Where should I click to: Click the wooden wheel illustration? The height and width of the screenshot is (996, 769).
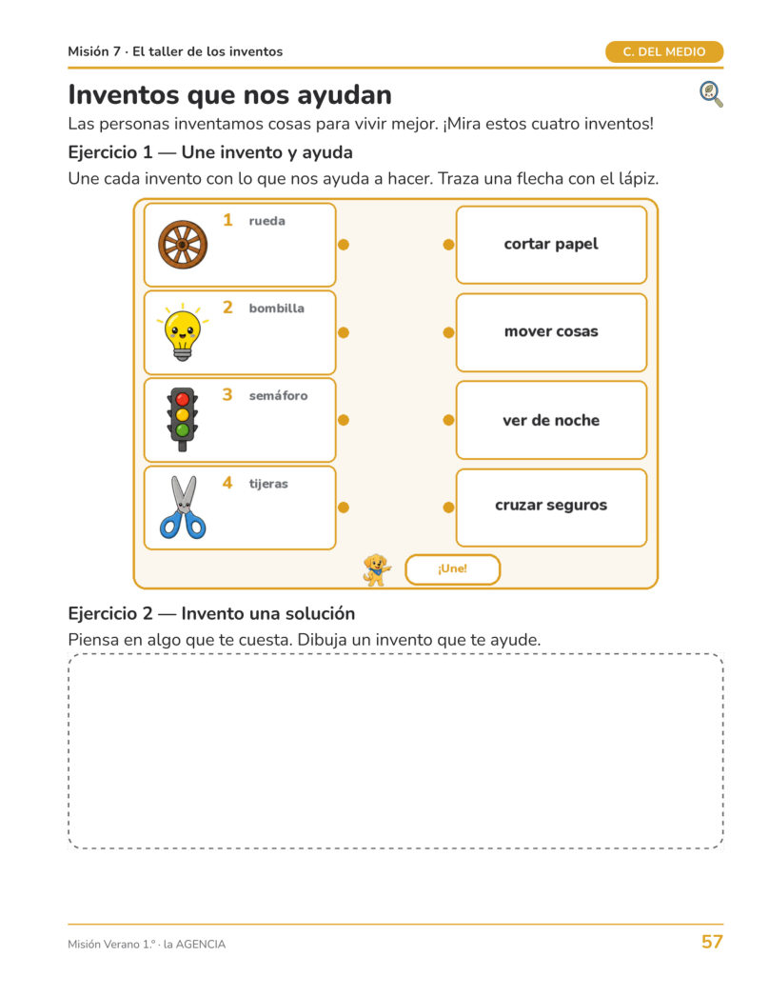182,245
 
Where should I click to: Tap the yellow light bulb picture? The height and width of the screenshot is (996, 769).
183,332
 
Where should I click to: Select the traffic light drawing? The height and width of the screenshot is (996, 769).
182,419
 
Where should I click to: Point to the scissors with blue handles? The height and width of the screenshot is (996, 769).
183,507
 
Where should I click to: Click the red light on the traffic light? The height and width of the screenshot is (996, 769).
182,399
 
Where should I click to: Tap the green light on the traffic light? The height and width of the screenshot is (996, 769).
182,430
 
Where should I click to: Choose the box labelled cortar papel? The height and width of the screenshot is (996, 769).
551,245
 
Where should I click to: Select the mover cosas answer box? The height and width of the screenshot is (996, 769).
551,332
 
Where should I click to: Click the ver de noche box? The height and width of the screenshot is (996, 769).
551,420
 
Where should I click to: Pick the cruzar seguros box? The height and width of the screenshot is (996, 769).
551,508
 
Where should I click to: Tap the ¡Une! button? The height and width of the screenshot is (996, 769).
452,569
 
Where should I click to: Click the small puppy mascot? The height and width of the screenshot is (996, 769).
377,569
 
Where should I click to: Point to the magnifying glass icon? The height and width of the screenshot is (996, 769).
711,94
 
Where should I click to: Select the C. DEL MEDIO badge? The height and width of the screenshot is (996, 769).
664,52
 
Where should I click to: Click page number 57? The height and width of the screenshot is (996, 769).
712,942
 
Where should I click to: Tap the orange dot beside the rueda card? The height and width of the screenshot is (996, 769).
344,245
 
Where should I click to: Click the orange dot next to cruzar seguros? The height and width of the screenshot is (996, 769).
448,507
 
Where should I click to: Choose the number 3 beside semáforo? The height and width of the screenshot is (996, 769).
227,394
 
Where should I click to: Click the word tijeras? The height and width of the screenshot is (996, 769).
268,484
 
